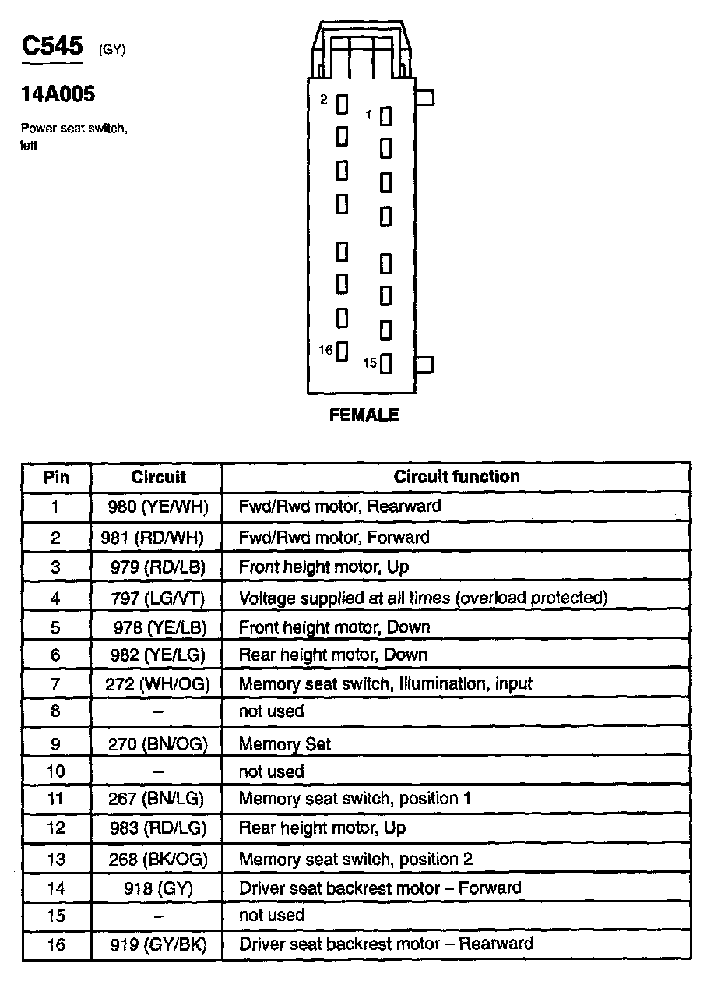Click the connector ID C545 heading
tap(51, 46)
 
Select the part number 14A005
tap(58, 94)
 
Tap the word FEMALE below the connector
tap(364, 415)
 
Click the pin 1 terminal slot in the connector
tap(385, 116)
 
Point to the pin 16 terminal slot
tap(342, 351)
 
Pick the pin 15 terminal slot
tap(385, 363)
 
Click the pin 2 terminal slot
tap(342, 103)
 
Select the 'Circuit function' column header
tap(456, 476)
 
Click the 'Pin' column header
tap(56, 477)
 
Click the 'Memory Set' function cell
tap(285, 744)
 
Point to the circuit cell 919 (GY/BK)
tap(158, 944)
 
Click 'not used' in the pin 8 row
tap(271, 711)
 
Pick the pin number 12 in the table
tap(56, 828)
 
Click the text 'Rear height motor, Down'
tap(332, 655)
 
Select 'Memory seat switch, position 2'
tap(355, 860)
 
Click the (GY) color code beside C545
tap(112, 51)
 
